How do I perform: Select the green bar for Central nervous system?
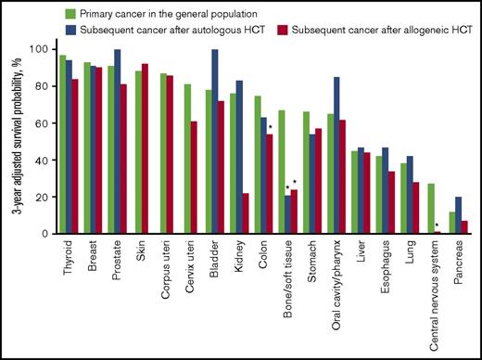[x=429, y=209]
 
